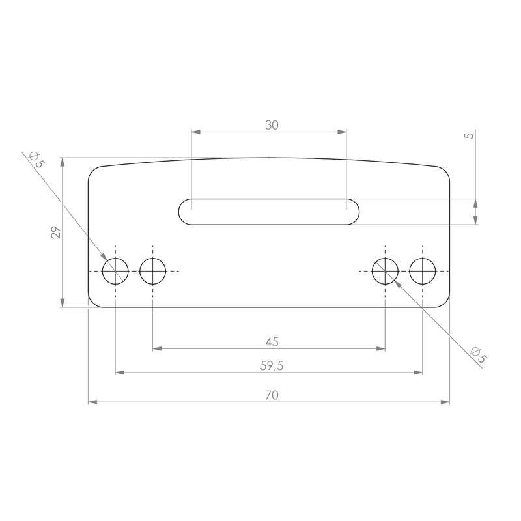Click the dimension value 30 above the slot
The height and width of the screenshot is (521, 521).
coord(272,126)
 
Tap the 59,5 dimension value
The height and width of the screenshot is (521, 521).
coord(272,366)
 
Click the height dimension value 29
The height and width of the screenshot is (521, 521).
coord(56,232)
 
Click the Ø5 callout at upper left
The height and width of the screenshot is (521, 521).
coord(36,160)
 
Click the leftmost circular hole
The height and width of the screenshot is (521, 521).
coord(116,271)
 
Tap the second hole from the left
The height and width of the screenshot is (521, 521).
coord(153,271)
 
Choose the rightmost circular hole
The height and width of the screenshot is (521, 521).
coord(423,271)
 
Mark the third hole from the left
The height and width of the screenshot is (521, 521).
coord(386,271)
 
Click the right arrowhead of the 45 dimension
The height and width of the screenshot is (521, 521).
coord(382,348)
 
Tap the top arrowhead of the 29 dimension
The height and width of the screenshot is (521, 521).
coord(62,161)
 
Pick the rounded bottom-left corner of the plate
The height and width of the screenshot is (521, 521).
coord(92,303)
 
